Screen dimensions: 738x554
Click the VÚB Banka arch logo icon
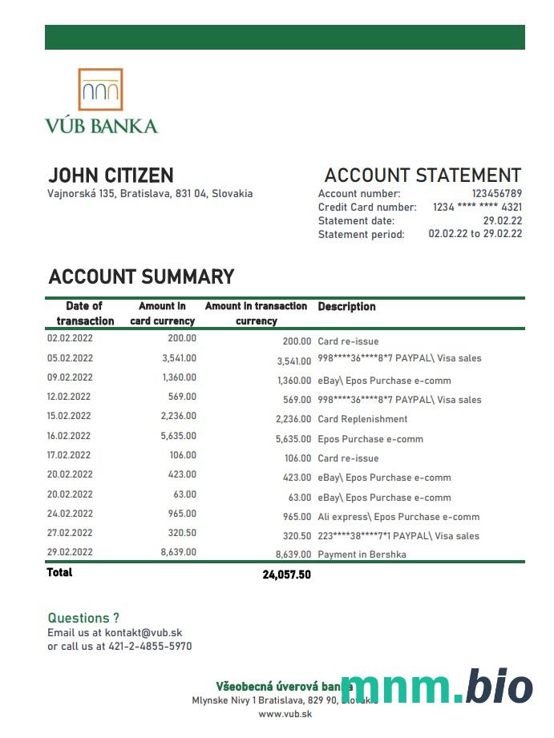click(x=101, y=89)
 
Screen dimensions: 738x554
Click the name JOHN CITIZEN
click(x=111, y=175)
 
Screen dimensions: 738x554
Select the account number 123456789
click(x=496, y=193)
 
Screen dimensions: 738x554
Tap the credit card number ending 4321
click(x=477, y=207)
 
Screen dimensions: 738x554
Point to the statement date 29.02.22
click(x=503, y=220)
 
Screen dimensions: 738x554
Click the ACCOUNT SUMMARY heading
click(x=141, y=277)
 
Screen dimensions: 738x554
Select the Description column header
click(x=346, y=306)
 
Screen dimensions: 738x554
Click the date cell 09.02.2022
click(x=70, y=377)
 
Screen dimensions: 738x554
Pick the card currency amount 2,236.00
click(x=179, y=416)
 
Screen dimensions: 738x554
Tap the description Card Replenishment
click(x=362, y=419)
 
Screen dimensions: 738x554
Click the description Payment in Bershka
click(x=362, y=555)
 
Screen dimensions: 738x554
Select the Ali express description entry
click(x=398, y=517)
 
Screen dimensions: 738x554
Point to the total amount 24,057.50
click(x=286, y=575)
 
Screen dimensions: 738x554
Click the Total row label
click(x=59, y=572)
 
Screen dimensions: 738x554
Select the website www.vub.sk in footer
click(x=285, y=714)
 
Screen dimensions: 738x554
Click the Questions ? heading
click(x=83, y=618)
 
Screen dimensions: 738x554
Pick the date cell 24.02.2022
click(x=70, y=514)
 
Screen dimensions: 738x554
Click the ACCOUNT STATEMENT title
click(x=423, y=175)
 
